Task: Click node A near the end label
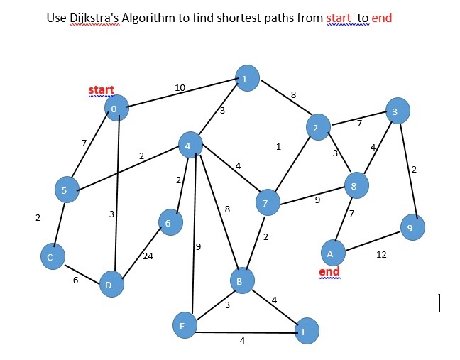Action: (331, 252)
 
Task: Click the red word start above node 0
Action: (101, 90)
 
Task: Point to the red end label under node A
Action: (329, 272)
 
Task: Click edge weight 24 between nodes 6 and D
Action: (148, 256)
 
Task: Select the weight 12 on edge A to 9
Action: (381, 254)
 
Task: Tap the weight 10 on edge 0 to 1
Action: (180, 87)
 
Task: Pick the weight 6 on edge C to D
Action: (75, 280)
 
